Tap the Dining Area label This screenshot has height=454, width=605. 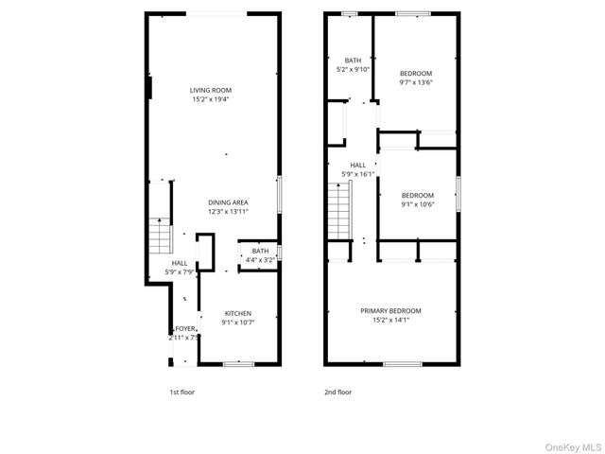(228, 202)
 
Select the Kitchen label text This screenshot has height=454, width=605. (237, 313)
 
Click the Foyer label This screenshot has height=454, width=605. (184, 328)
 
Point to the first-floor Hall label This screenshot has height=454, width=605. (179, 263)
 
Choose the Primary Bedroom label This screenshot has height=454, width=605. (390, 310)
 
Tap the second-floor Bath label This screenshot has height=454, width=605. (353, 60)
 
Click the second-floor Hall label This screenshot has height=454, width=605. (357, 165)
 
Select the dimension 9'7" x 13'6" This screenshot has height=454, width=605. (416, 82)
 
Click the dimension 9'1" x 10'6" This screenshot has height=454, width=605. (417, 203)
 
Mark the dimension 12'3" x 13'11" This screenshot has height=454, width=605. (228, 212)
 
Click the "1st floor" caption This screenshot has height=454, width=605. (181, 392)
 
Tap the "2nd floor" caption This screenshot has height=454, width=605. (338, 392)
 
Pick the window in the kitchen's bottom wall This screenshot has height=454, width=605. (238, 363)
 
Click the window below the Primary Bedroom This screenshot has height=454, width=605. (402, 363)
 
